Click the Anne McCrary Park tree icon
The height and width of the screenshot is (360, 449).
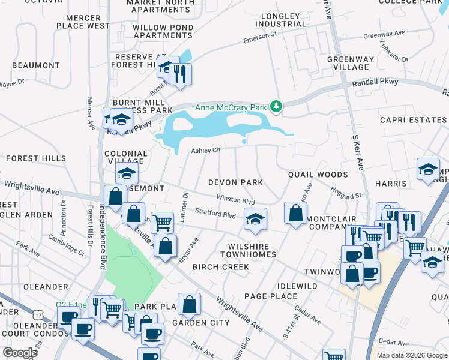pos(276,107)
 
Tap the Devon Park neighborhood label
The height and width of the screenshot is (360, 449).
pos(236,182)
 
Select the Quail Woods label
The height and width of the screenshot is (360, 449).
pos(318,175)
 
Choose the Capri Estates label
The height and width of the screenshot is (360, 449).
pos(413,120)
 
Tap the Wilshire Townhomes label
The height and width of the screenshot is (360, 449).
pos(252,250)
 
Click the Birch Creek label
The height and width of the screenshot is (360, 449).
pos(220,267)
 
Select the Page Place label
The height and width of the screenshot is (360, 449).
pos(270,296)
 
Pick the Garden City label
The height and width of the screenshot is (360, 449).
pos(200,323)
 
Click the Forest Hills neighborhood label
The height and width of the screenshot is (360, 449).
pos(36,158)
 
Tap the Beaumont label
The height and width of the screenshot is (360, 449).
pos(35,65)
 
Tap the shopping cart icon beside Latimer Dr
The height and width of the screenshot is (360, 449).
pos(162,223)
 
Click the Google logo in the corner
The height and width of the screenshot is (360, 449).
pos(20,353)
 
